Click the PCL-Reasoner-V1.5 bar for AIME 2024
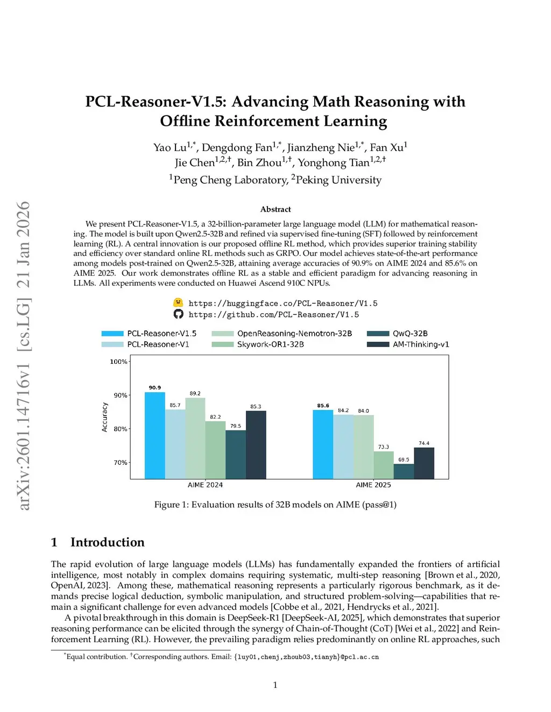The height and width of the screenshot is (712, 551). pos(155,435)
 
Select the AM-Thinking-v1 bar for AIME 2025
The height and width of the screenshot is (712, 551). pos(424,463)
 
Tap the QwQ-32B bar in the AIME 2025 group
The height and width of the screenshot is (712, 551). pos(404,471)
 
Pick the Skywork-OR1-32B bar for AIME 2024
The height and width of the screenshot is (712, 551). pos(215,450)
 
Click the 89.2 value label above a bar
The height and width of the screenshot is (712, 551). pos(195,393)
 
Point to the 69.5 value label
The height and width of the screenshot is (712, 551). pos(404,459)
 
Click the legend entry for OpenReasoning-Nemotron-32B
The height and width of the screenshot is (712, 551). pos(294,334)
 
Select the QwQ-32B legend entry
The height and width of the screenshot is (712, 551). pos(410,334)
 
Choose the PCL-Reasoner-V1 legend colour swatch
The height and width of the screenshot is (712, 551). pos(112,344)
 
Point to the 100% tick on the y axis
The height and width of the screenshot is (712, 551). pos(118,362)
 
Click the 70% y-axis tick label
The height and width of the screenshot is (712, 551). pos(120,463)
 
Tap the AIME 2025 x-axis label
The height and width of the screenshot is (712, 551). pos(373,485)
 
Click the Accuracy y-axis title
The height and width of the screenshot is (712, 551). pos(105,418)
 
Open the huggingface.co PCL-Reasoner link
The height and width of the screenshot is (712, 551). pos(283,304)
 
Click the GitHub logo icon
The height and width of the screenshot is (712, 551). pos(178,314)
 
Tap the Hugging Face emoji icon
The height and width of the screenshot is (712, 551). pos(178,303)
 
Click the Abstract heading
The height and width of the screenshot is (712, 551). pos(275,210)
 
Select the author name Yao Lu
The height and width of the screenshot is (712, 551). pos(170,148)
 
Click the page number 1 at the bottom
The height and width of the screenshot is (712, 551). pos(275,685)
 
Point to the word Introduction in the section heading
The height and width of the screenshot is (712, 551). pos(108,542)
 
